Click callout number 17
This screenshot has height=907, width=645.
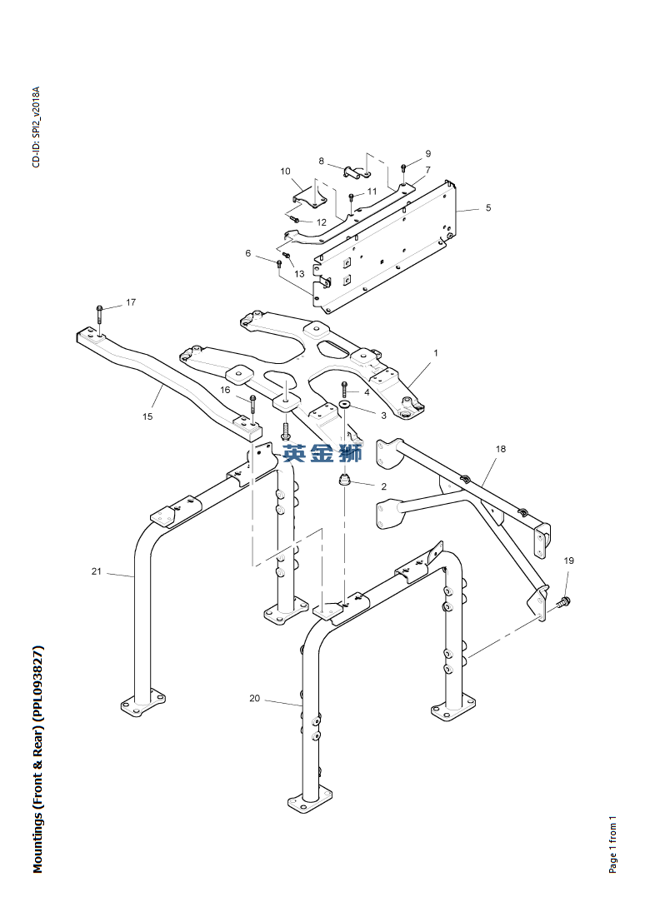(131, 302)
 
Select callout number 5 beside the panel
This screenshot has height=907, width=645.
(488, 207)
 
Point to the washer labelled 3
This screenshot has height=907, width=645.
(345, 403)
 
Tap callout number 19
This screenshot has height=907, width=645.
(568, 561)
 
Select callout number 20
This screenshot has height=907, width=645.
(255, 698)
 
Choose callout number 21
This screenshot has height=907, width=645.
(96, 571)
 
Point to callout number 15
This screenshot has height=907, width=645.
(147, 416)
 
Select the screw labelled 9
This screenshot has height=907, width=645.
(403, 169)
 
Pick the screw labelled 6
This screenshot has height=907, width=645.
(279, 263)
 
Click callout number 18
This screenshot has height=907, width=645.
(500, 448)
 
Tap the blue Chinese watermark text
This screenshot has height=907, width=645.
(322, 453)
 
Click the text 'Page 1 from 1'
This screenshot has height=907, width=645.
(612, 845)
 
